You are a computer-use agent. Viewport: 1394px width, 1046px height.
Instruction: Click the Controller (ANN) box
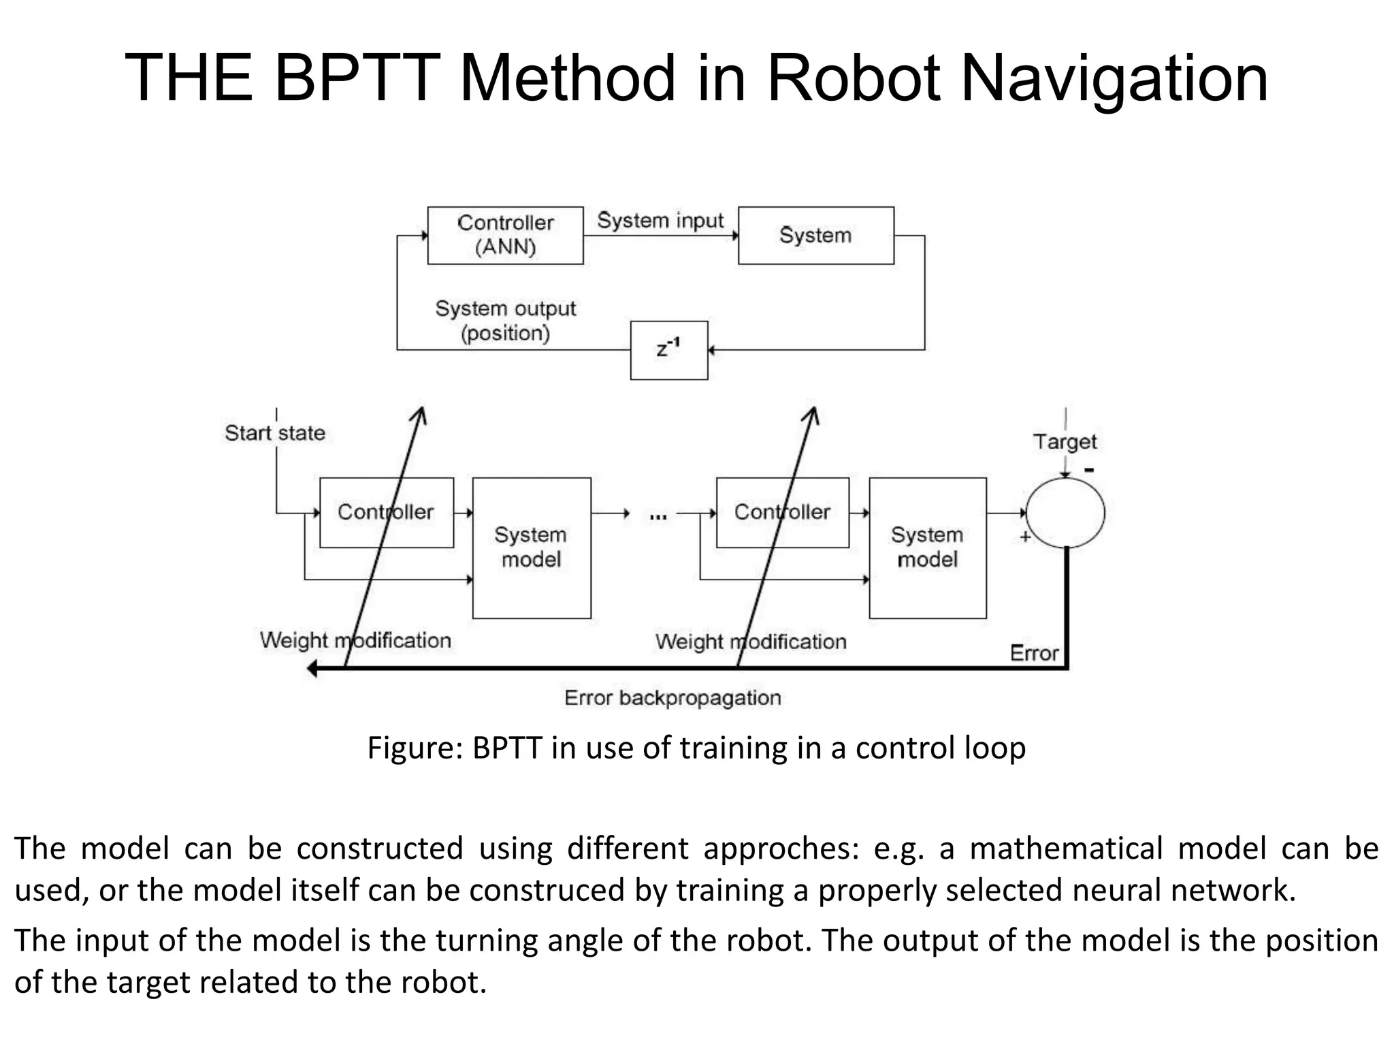[x=505, y=235]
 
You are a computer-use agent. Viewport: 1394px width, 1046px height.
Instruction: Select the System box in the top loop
[x=815, y=235]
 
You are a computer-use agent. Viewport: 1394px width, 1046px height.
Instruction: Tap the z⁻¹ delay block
[x=668, y=350]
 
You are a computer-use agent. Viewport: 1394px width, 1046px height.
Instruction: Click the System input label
[x=660, y=221]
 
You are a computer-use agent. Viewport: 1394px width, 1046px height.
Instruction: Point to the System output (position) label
[x=505, y=321]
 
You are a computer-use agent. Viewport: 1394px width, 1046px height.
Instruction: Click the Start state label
[x=275, y=433]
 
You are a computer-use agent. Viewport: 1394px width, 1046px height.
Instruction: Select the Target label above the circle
[x=1065, y=442]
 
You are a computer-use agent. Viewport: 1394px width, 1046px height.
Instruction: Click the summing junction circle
[x=1065, y=513]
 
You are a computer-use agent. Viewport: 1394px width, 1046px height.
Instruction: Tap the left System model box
[x=531, y=548]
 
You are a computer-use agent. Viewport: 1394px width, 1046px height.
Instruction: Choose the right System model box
[x=927, y=548]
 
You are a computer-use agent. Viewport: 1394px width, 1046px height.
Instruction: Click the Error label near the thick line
[x=1034, y=653]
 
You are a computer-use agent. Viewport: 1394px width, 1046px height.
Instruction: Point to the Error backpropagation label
[x=672, y=698]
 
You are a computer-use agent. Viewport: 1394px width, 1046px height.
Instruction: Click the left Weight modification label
[x=355, y=640]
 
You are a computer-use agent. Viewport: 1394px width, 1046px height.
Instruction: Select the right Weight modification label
[x=751, y=641]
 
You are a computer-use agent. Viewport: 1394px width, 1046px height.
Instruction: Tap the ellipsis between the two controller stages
[x=658, y=517]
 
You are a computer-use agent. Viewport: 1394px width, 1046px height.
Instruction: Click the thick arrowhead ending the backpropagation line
[x=312, y=669]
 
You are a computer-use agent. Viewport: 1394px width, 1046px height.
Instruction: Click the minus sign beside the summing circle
[x=1090, y=470]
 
